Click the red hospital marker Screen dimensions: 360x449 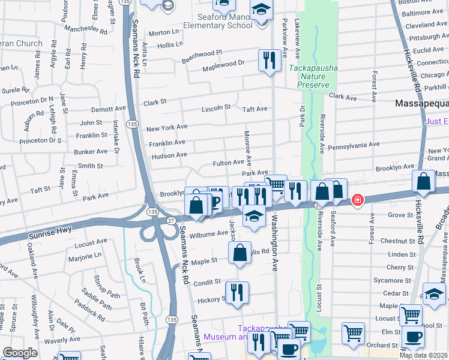pos(357,199)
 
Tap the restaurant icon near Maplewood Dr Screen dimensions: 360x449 pos(267,60)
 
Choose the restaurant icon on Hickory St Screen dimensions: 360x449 pos(238,292)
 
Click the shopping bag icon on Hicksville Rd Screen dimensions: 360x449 pos(423,181)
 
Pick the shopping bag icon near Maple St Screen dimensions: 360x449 pos(240,253)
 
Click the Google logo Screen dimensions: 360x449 pos(20,353)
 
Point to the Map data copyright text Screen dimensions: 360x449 pos(423,355)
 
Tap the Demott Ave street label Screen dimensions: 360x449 pos(109,109)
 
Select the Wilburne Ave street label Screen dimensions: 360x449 pos(208,233)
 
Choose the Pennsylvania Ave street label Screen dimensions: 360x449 pos(354,145)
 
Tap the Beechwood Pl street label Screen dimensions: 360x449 pos(202,53)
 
